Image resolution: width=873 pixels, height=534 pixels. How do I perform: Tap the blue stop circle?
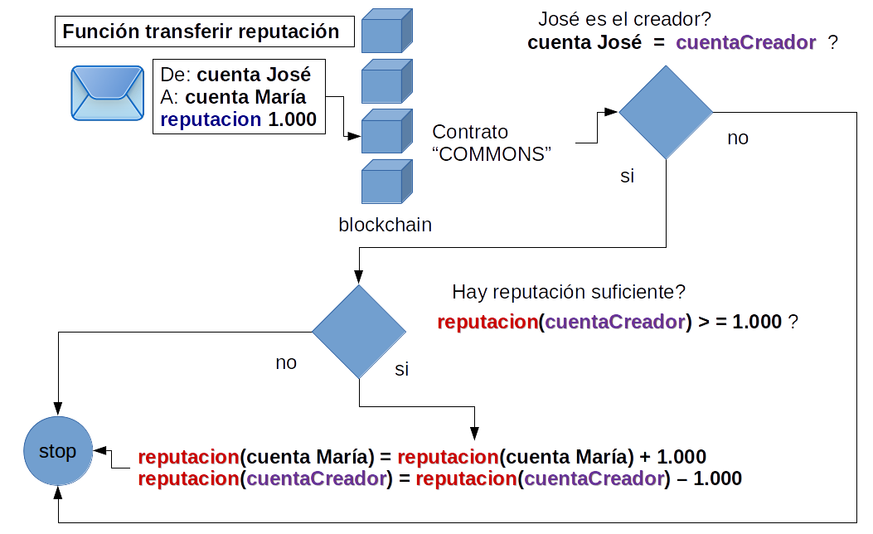(57, 451)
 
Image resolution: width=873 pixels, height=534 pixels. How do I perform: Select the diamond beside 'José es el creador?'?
(666, 113)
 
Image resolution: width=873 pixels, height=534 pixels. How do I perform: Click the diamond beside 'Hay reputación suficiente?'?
(359, 333)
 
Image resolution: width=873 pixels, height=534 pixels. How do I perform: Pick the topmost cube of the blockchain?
(387, 31)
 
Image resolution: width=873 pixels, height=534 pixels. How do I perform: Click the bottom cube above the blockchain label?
(387, 181)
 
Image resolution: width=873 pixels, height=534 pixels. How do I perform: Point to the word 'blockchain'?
(385, 225)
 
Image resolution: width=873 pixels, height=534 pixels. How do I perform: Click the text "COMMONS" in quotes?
(492, 153)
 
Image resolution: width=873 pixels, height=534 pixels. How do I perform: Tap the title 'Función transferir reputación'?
(201, 32)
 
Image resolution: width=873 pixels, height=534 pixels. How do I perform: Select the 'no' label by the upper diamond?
(738, 138)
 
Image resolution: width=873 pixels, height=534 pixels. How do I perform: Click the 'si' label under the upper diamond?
(628, 176)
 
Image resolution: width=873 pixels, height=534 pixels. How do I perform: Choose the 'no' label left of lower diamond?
(286, 362)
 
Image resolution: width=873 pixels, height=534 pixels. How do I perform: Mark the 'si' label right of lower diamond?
(401, 369)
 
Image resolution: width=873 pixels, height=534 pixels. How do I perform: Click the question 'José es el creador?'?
(624, 19)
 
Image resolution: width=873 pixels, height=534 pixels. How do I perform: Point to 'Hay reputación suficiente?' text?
(569, 292)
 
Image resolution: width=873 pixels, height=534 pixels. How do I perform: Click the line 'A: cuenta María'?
(233, 97)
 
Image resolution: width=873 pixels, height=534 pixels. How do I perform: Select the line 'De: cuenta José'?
(235, 74)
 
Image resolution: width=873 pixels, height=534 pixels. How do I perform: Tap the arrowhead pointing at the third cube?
(354, 137)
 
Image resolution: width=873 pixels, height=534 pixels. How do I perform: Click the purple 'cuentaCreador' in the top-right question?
(747, 43)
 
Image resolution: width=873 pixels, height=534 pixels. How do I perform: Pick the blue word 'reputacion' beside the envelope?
(211, 119)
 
